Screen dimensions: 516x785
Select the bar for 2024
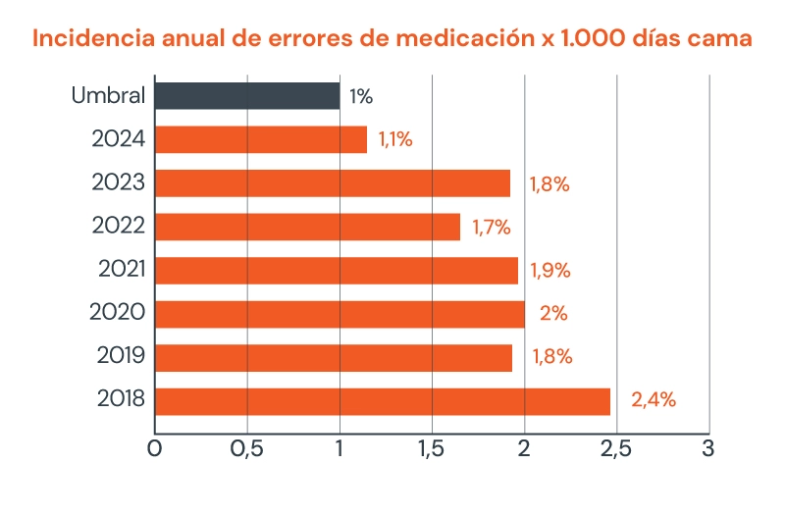click(x=261, y=139)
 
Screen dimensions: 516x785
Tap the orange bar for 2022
click(x=307, y=227)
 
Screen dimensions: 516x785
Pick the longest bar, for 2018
click(x=383, y=400)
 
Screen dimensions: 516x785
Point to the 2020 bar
click(x=340, y=314)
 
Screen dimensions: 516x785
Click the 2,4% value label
click(x=654, y=400)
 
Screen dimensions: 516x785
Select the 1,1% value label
click(x=394, y=139)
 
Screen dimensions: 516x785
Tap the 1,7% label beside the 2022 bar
click(x=491, y=227)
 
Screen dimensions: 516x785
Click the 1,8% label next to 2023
click(x=549, y=183)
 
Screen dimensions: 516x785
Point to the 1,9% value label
click(x=550, y=271)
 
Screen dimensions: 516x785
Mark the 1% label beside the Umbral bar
click(x=361, y=96)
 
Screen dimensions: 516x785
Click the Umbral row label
click(x=109, y=96)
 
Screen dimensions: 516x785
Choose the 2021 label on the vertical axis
click(x=122, y=270)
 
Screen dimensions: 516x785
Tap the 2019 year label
click(x=122, y=357)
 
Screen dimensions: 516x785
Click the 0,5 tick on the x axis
click(x=247, y=449)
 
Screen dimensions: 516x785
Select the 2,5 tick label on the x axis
click(x=616, y=449)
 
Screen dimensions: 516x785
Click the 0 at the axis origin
click(x=155, y=449)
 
